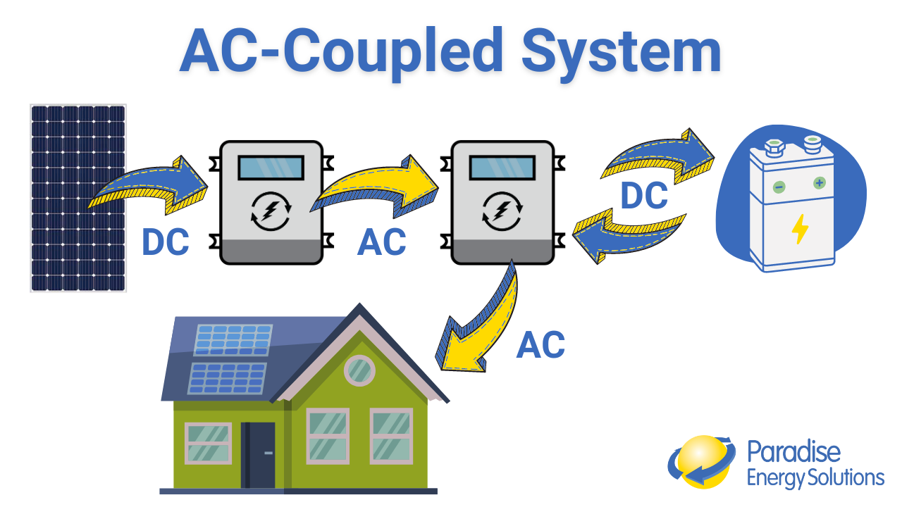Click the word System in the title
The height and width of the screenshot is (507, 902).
tap(622, 52)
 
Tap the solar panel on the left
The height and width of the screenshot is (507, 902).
tap(78, 198)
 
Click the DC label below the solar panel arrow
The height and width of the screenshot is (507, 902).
tap(166, 242)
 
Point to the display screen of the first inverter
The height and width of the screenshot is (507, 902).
tap(271, 168)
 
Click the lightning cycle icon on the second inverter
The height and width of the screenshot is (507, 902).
tap(502, 211)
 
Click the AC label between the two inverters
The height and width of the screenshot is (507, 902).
tap(382, 242)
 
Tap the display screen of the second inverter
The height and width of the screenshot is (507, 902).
tap(502, 168)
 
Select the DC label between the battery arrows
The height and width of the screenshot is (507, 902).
tap(643, 196)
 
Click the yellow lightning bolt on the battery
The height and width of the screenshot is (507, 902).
tap(800, 229)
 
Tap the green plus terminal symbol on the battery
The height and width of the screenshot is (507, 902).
tap(819, 183)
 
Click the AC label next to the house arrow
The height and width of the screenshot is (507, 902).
tap(540, 345)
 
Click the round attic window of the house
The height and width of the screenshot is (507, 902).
tap(359, 370)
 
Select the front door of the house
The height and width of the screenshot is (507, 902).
tap(259, 454)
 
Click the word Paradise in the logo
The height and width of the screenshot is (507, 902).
tap(793, 451)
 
